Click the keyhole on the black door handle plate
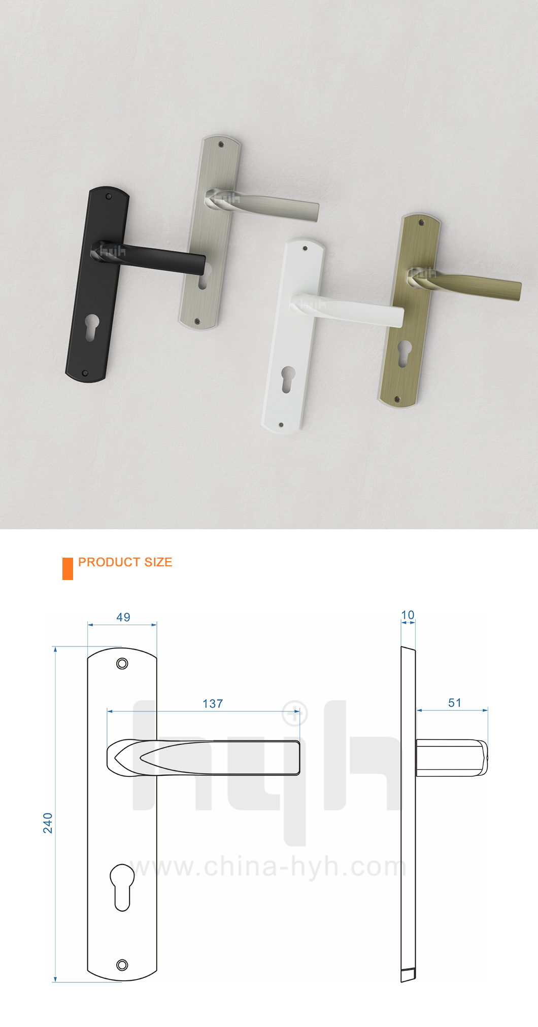pos(92,327)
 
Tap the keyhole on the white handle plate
pos(288,379)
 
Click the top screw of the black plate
pos(108,196)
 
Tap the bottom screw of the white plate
pos(281,425)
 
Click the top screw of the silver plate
pos(221,145)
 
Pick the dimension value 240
pos(48,823)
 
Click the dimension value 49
pos(123,618)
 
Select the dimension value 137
pos(213,704)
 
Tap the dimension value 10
pos(408,615)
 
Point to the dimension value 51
pos(455,703)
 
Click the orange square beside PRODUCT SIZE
pos(68,568)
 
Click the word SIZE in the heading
pos(158,562)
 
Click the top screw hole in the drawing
pos(122,663)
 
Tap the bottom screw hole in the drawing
pos(122,965)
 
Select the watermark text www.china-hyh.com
pos(267,867)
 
